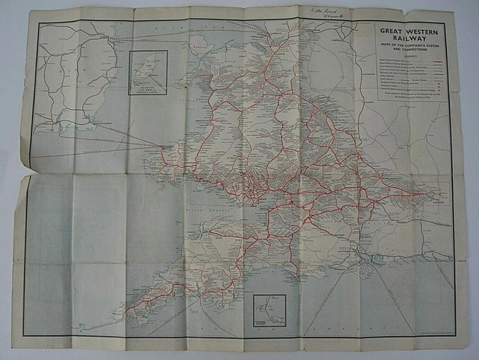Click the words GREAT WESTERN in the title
pos(410,31)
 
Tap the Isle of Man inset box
pos(147,73)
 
